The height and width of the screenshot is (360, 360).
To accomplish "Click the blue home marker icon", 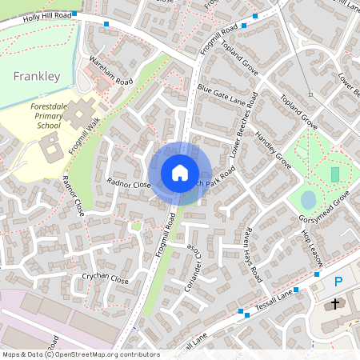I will pos(180,173).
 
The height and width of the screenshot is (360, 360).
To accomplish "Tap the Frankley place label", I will pos(37,77).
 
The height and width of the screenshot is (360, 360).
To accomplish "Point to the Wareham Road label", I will pos(111,70).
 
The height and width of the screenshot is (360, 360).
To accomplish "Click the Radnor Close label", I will pos(129,184).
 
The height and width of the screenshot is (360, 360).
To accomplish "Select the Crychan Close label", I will pos(105,279).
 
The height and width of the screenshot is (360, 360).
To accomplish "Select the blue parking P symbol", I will pos(338,282).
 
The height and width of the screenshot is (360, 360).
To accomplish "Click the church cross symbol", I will pos(334,305).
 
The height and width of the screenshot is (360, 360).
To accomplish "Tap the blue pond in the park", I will pos(308,198).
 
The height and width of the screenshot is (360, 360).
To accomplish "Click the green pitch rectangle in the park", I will pos(334,174).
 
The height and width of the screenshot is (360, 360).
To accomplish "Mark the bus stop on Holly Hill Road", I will pos(106,24).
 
